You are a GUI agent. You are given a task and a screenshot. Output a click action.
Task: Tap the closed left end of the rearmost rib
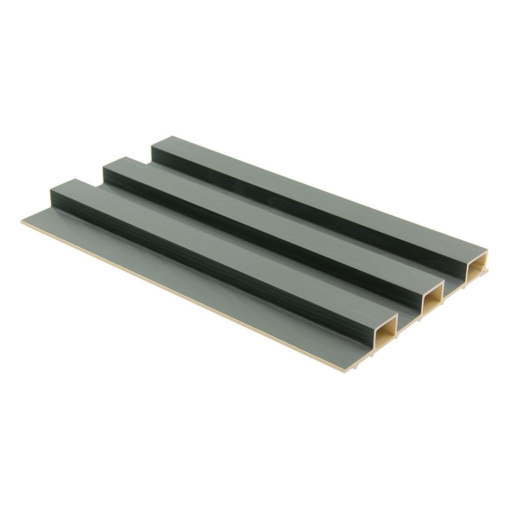coord(152,151)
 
